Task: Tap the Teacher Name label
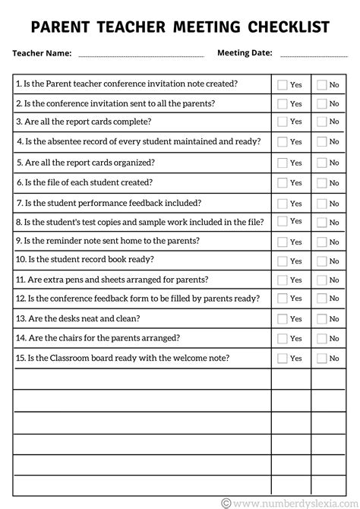point(42,53)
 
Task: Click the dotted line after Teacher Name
point(141,55)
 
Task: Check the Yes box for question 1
point(283,84)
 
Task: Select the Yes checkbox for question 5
point(283,163)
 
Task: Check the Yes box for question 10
point(283,261)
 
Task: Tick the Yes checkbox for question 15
point(283,358)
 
